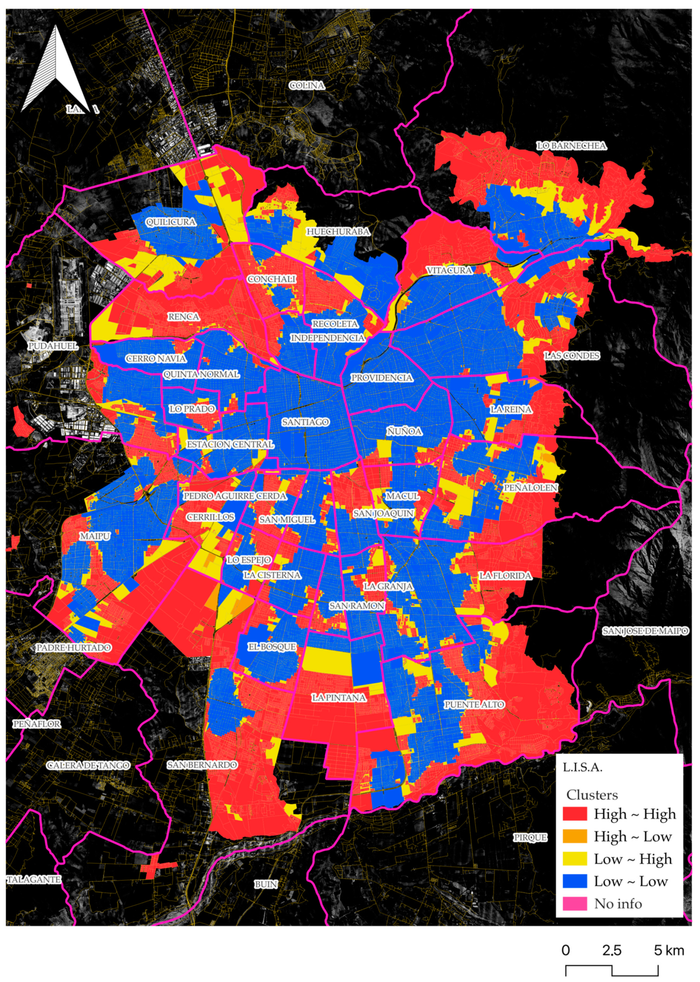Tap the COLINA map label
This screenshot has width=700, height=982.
coord(307,85)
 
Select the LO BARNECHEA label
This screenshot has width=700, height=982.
coord(571,146)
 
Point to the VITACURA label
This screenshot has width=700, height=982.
coord(449,270)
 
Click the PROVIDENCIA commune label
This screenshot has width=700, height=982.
coord(382,378)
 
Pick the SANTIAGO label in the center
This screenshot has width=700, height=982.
coord(306,422)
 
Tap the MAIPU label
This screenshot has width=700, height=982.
coord(95,536)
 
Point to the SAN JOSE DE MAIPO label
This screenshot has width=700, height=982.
coord(645,631)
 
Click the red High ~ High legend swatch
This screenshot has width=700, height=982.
coord(575,814)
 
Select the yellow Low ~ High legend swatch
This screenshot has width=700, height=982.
coord(575,859)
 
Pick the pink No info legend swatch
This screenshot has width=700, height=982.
coord(575,904)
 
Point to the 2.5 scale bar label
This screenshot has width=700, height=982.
coord(612,950)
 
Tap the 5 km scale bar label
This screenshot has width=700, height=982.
coord(669,950)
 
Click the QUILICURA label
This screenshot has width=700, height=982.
coord(171,222)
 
